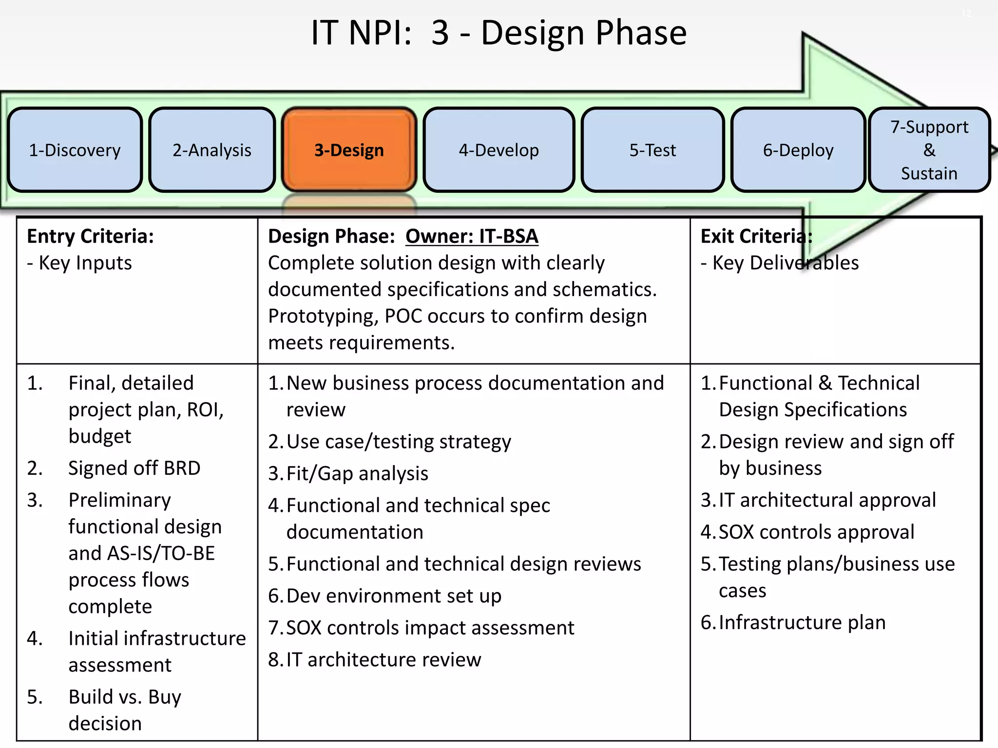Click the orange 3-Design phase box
[349, 150]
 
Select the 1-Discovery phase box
[75, 150]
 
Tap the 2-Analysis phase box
[212, 150]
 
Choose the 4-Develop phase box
[499, 150]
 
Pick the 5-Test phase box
[653, 150]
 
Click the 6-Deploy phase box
[798, 150]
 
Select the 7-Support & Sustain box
[929, 150]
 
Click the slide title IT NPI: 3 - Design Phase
[499, 33]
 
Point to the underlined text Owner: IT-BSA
[472, 236]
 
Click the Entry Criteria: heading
[91, 236]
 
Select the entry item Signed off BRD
[134, 468]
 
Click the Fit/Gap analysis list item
[357, 473]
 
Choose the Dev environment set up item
[394, 596]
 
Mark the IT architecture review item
[384, 659]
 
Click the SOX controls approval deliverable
[816, 532]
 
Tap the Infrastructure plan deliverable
[802, 622]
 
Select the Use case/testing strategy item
[399, 442]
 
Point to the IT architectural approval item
[827, 500]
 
